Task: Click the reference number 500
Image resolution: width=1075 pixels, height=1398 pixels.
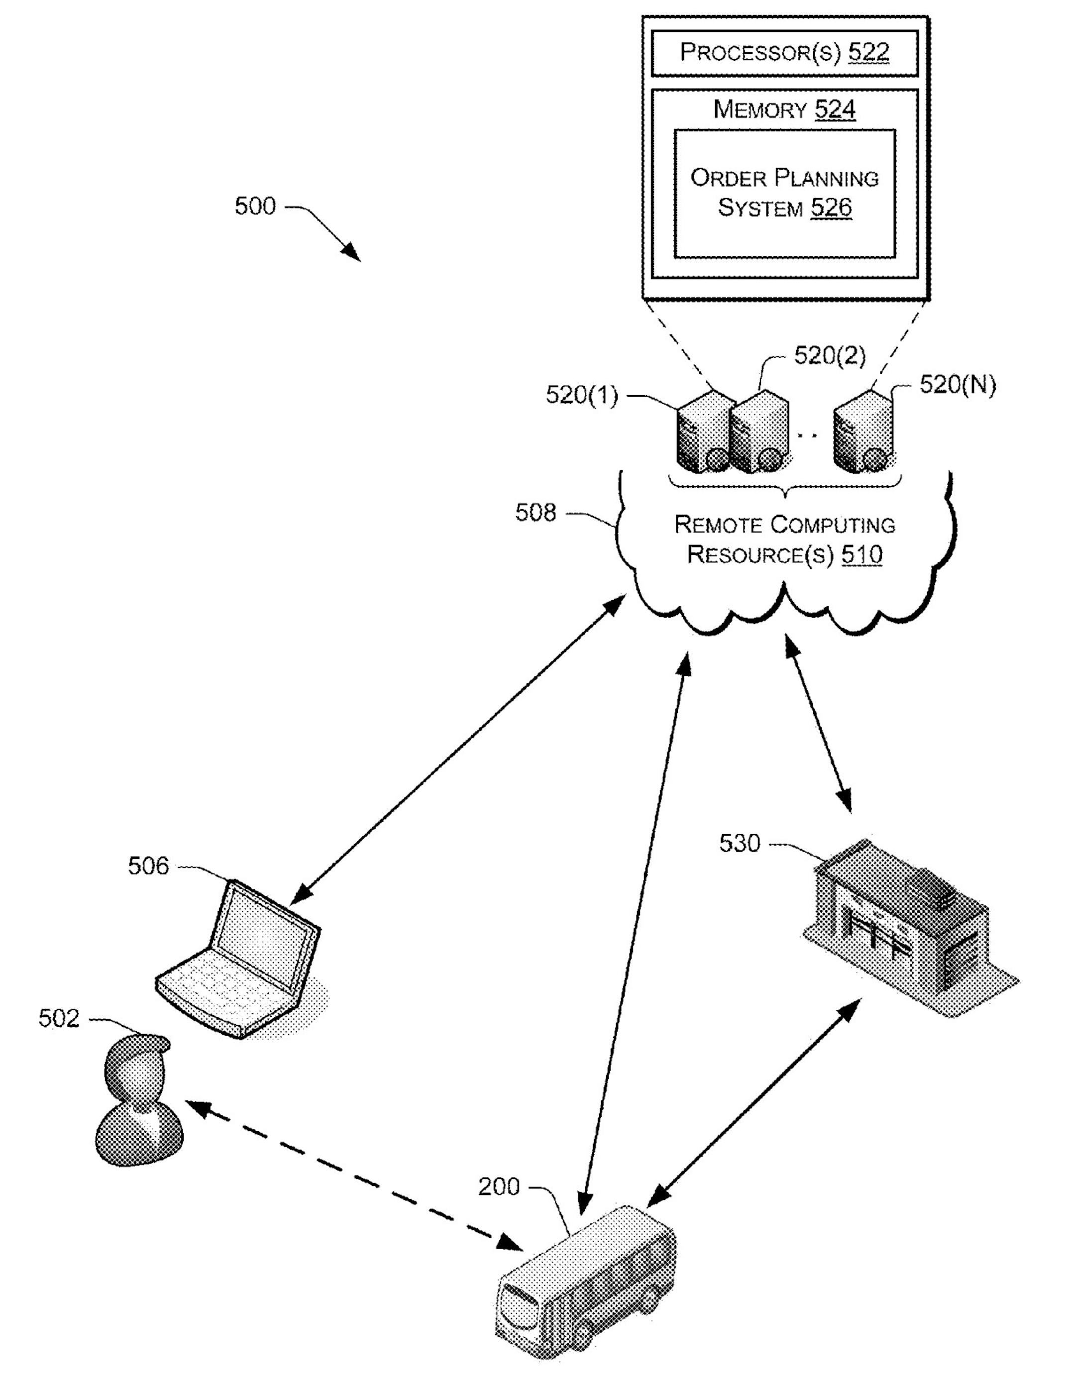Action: point(255,206)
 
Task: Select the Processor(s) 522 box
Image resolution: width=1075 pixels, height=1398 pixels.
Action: point(784,52)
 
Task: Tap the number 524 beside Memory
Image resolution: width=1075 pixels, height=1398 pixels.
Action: point(835,109)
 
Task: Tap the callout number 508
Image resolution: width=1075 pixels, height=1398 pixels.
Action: point(536,513)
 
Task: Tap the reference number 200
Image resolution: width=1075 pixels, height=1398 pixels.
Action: point(499,1187)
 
